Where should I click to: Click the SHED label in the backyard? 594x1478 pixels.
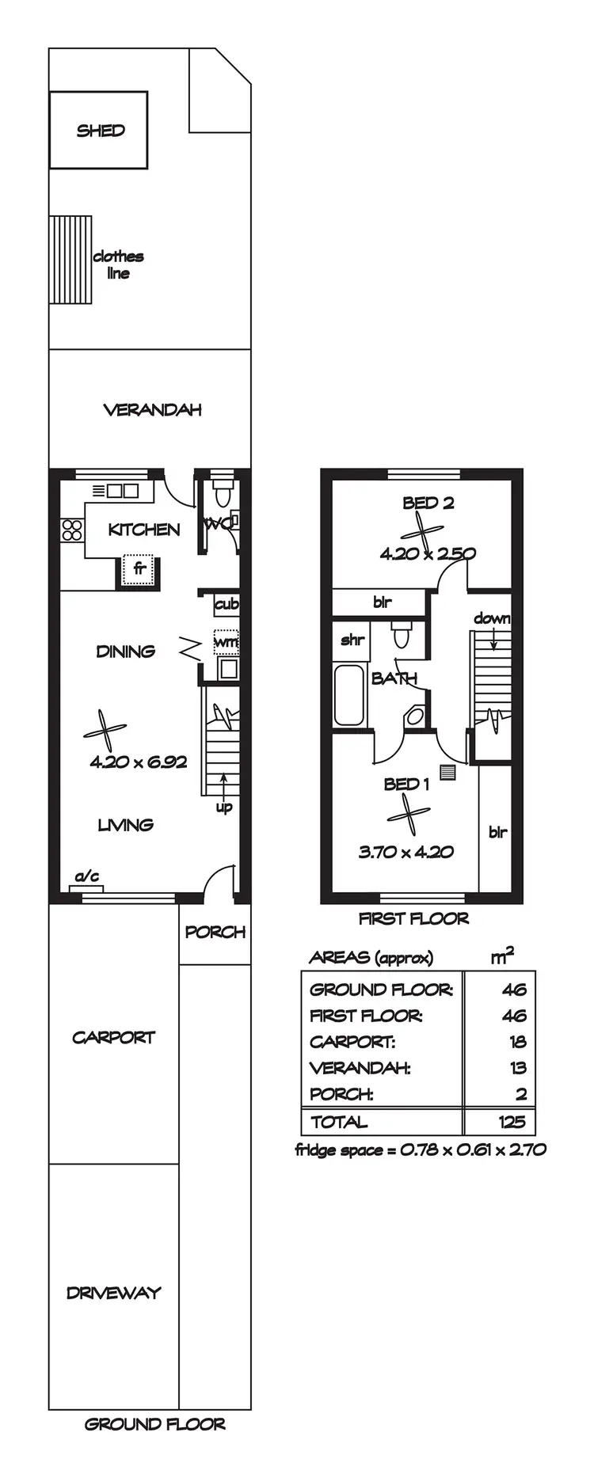click(101, 131)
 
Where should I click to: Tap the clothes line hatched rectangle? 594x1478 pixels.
click(71, 260)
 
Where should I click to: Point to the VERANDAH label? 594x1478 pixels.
click(152, 409)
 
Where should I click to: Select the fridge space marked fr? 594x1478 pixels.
click(139, 568)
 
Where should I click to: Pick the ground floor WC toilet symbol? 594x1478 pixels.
click(222, 493)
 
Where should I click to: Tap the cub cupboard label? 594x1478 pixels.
click(227, 604)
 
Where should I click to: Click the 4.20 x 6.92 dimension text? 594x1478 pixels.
click(139, 762)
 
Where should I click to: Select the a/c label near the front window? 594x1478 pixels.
click(87, 876)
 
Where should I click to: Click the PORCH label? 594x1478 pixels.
click(215, 932)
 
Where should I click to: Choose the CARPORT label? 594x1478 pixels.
click(113, 1037)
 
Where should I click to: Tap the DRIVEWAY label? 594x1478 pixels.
click(113, 1293)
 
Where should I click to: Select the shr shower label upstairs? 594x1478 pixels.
click(352, 640)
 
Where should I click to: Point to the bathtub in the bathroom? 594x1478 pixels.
click(349, 696)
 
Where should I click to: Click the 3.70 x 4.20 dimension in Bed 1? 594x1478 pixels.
click(406, 852)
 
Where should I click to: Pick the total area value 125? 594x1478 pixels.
click(512, 1121)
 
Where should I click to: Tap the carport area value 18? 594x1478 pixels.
click(518, 1042)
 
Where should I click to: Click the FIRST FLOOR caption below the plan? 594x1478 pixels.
click(413, 918)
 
